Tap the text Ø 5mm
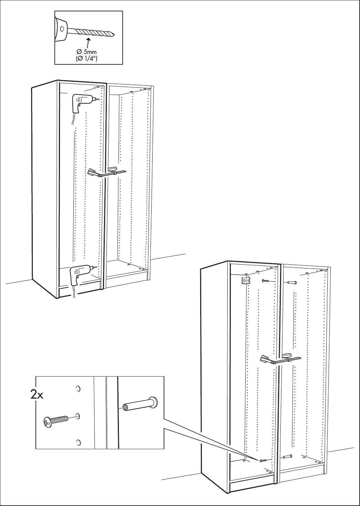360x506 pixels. point(87,52)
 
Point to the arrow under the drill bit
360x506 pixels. point(89,43)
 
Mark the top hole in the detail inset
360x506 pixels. point(78,389)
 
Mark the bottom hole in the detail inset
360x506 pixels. point(78,442)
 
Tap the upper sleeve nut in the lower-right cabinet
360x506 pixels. point(291,283)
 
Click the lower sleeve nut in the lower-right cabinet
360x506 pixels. point(288,457)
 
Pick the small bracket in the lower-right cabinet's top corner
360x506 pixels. point(245,280)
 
